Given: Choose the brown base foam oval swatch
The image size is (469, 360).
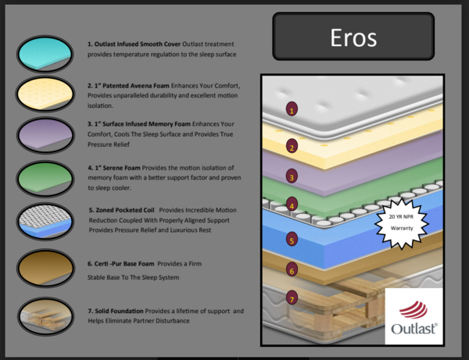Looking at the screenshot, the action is pos(45,267).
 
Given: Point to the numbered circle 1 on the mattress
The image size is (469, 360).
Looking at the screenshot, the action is pos(292,110).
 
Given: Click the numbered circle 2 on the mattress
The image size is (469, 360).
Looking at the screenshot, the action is pos(292,147).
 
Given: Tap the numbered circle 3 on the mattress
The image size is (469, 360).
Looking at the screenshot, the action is pos(292,177).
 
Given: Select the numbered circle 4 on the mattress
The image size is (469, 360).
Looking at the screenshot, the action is pos(292,206).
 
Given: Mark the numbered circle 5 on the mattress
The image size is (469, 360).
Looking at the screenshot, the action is pos(292,241).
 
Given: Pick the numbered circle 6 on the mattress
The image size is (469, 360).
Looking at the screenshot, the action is pos(292,270).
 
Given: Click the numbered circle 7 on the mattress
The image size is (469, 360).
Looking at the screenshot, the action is pos(292,298).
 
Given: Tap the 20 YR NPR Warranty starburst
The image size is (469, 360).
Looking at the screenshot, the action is pos(401,221).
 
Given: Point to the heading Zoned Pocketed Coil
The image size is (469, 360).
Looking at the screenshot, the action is pos(125,210).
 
